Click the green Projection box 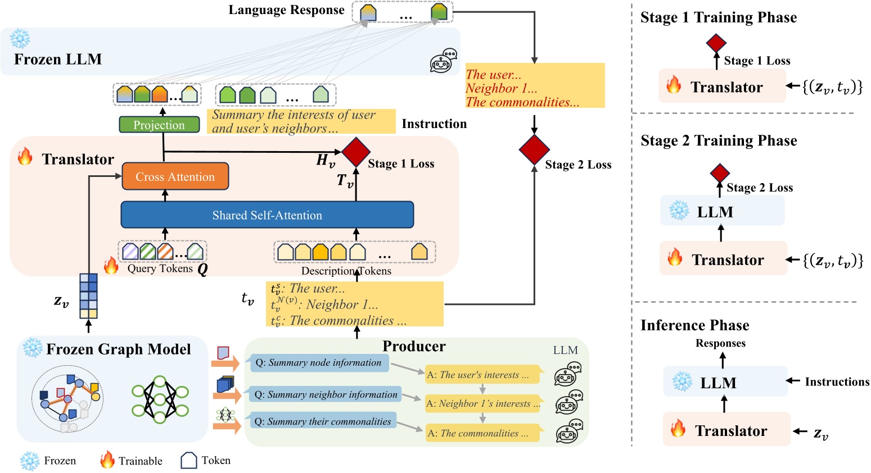click(159, 125)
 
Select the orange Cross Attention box click(175, 177)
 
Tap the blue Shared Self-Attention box click(267, 215)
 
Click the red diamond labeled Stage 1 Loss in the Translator click(355, 152)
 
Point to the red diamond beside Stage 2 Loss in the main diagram click(534, 149)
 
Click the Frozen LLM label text click(58, 60)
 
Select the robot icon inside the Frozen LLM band click(443, 61)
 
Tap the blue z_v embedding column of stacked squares click(88, 295)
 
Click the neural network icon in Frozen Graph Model click(160, 399)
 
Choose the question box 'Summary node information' click(318, 363)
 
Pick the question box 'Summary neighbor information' click(326, 394)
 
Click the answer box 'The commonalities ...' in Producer click(482, 433)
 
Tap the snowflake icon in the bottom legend click(29, 461)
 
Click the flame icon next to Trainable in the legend click(107, 460)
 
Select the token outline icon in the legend click(188, 461)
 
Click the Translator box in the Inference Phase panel click(726, 430)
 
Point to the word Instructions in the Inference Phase click(837, 382)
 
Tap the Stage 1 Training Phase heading click(718, 17)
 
